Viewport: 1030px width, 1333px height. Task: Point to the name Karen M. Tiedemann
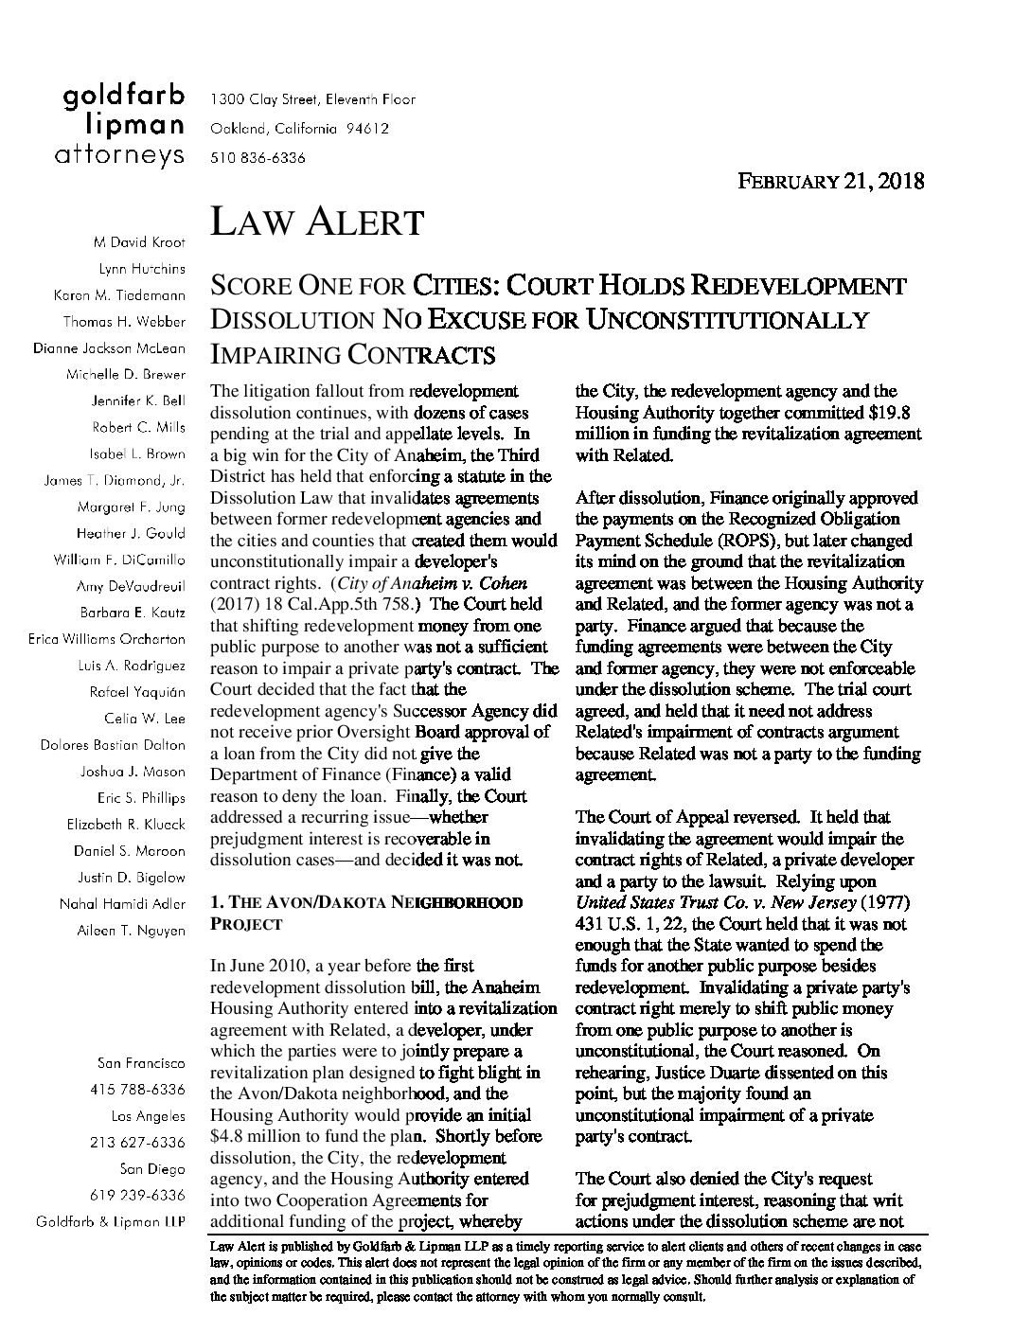[119, 295]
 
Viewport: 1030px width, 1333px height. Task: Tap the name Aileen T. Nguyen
[131, 931]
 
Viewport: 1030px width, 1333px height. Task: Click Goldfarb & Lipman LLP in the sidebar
[110, 1222]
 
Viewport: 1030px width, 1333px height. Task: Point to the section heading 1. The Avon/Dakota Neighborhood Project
[365, 913]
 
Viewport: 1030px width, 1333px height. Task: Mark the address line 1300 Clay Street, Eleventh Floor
[312, 99]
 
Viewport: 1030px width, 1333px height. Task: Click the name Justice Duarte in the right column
[696, 1073]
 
